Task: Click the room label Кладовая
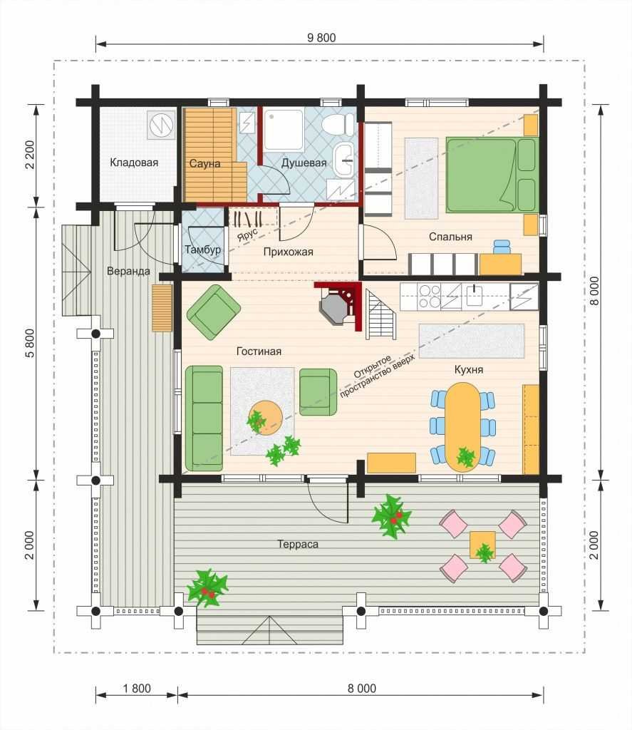coord(134,163)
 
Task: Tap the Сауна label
coord(204,163)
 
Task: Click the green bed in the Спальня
coord(492,175)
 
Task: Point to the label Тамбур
coord(202,250)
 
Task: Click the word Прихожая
coord(288,252)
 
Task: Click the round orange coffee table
coord(265,418)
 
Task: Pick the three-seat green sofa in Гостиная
coord(204,418)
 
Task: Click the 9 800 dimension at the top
coord(321,38)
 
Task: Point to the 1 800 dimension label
coord(137,688)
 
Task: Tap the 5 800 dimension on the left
coord(29,343)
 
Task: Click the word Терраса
coord(298,544)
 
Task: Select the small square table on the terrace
coord(482,545)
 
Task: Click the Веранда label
coord(128,271)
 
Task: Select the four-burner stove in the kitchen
coord(429,297)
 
